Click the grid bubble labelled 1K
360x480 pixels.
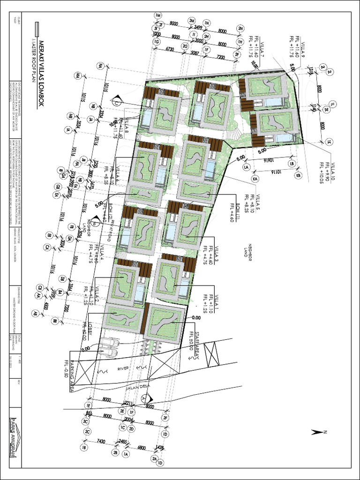click(x=329, y=142)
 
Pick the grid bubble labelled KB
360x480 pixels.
click(x=298, y=175)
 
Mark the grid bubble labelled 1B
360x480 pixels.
click(x=84, y=447)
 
